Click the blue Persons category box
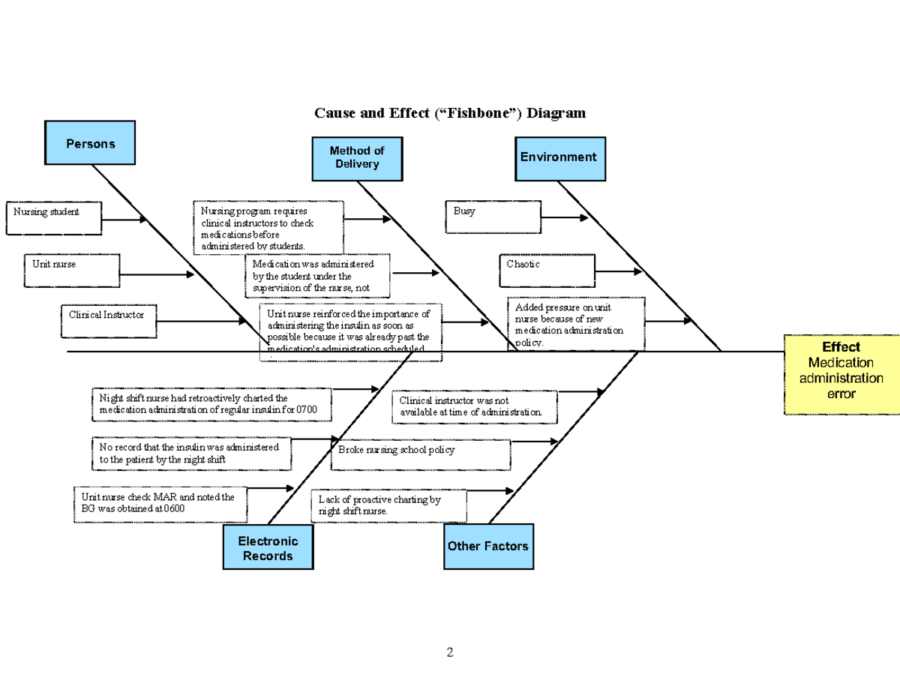90,142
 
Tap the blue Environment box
559,158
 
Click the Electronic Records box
268,547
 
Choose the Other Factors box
488,547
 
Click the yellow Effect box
841,375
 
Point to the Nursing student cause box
53,218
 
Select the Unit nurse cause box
72,271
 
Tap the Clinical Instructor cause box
107,321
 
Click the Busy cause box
493,217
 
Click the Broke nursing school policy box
420,455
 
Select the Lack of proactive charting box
388,505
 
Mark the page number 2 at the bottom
450,652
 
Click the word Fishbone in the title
481,113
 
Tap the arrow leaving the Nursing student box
124,220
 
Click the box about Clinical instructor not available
475,407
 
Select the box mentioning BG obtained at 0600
160,505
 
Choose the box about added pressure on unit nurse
575,323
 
